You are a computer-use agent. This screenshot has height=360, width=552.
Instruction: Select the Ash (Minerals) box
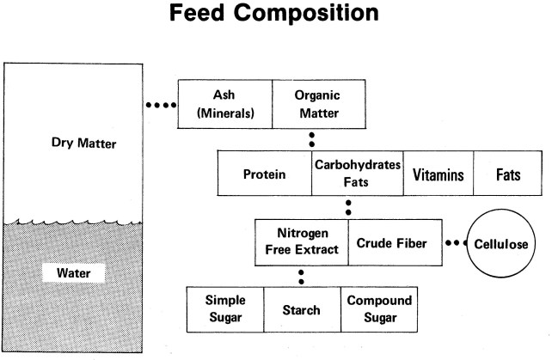224,104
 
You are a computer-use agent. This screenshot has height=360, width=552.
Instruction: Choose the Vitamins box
438,174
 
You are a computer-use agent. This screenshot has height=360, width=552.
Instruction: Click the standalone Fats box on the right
509,174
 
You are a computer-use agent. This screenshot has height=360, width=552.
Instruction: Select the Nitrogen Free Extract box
302,243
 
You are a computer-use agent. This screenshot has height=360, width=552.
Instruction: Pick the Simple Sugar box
224,309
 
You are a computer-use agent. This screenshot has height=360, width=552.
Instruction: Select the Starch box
301,309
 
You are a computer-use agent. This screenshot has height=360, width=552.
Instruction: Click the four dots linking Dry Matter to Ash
161,106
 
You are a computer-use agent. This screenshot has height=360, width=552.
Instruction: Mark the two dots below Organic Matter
311,139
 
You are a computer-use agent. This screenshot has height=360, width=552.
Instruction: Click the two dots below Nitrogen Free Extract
301,277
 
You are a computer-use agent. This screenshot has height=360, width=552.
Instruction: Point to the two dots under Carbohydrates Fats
348,207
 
